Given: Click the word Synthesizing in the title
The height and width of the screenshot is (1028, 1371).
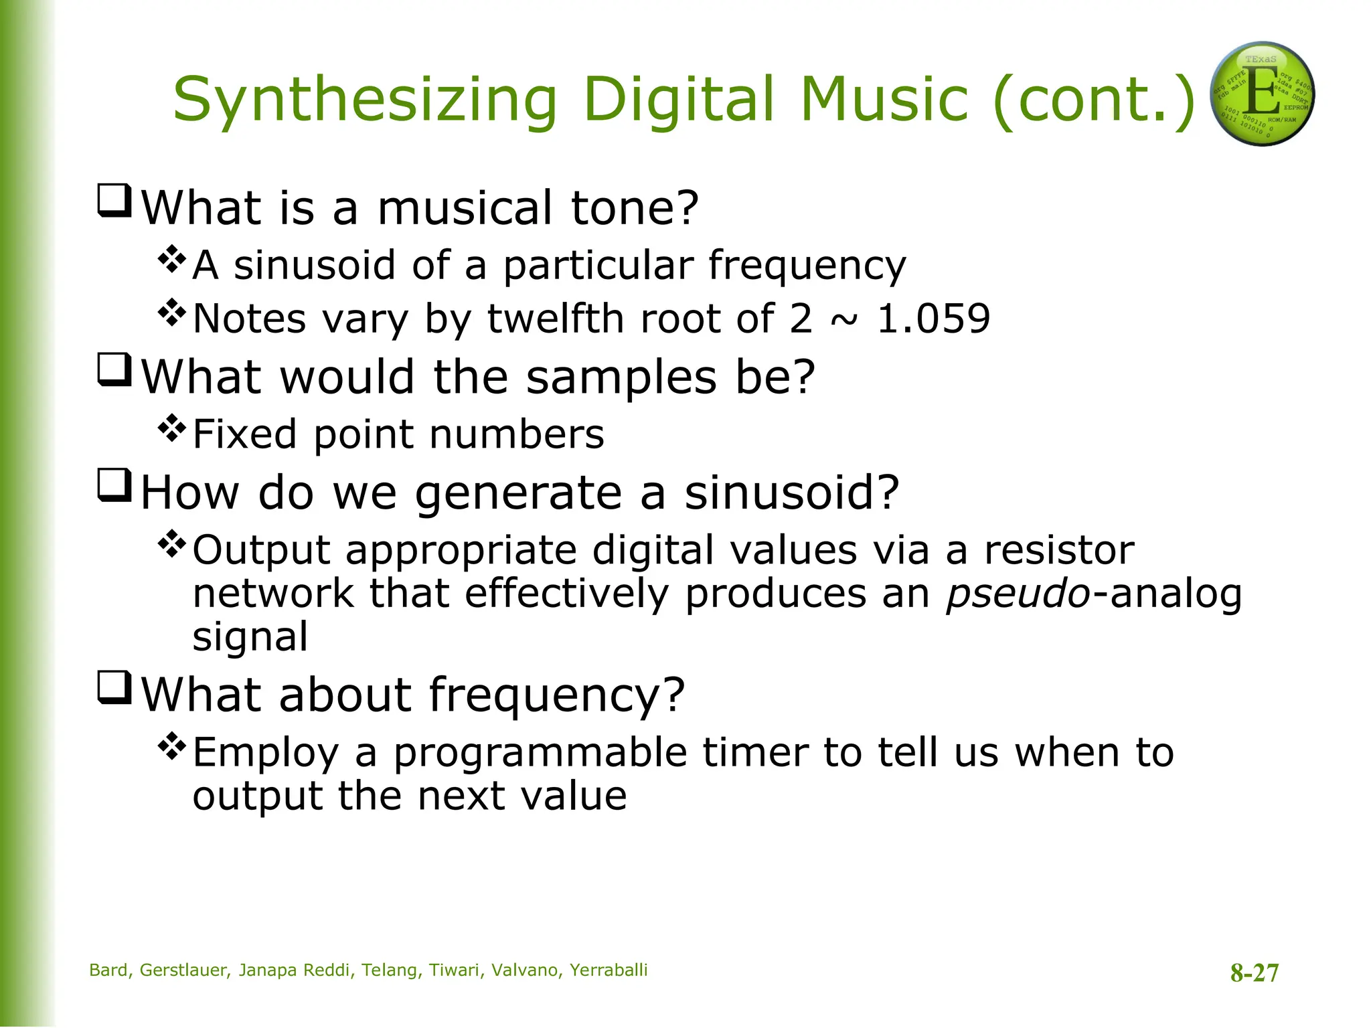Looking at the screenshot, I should click(365, 100).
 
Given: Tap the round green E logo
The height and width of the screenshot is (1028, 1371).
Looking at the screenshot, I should click(1262, 94).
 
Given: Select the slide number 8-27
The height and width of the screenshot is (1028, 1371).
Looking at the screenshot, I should click(1254, 972).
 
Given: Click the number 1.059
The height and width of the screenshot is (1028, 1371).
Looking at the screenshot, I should click(933, 319).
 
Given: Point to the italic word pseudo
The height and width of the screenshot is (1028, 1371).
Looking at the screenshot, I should click(1018, 594).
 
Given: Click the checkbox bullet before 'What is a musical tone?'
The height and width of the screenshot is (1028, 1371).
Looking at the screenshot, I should click(114, 201).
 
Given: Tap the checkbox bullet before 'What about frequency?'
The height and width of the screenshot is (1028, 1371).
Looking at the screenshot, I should click(114, 688).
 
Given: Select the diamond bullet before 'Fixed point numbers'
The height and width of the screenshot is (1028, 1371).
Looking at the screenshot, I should click(171, 428).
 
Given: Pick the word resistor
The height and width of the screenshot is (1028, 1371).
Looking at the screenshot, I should click(1059, 551).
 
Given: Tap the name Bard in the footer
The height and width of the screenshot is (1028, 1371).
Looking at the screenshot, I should click(108, 970).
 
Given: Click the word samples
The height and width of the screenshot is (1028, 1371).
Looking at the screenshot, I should click(621, 377).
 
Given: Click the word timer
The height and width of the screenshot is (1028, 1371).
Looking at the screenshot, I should click(755, 753).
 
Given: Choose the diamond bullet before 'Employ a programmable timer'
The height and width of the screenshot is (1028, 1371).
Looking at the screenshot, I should click(171, 747).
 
